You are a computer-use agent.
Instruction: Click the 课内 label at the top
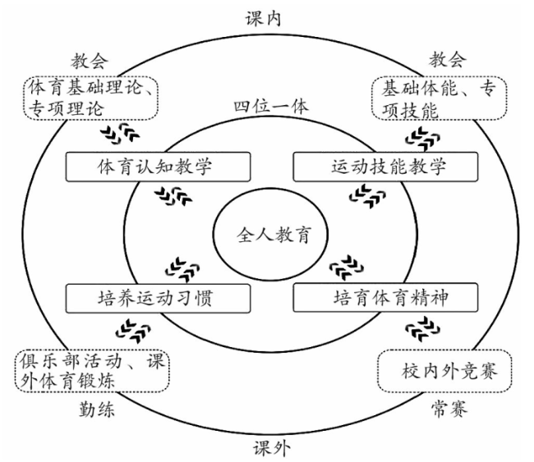pos(263,18)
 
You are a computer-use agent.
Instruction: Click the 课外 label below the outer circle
pos(272,447)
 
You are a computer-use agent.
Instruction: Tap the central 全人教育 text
pos(274,235)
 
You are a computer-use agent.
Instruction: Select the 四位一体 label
pos(271,107)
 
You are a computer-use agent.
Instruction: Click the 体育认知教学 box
pos(158,167)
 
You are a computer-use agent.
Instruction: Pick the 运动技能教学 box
pos(385,167)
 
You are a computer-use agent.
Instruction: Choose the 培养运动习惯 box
pos(158,298)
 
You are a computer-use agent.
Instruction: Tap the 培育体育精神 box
pos(385,298)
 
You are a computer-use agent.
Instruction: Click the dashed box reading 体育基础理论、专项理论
pos(91,98)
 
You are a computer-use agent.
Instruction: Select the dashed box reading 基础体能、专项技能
pos(439,98)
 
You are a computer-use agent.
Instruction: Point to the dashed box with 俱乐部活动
pos(92,371)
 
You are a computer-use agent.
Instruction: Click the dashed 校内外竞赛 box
pos(444,371)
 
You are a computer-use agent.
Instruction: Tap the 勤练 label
pos(97,409)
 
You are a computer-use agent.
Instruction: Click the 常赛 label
pos(449,409)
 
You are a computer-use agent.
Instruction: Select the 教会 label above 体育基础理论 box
pos(90,62)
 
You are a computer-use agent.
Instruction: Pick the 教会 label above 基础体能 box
pos(447,60)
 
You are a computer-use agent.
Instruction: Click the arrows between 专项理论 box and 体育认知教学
pos(120,133)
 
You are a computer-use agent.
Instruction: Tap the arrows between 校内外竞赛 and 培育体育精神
pos(422,329)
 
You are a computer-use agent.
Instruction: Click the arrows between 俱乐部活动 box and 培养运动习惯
pos(133,331)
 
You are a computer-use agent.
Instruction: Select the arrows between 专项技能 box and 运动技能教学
pos(422,139)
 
